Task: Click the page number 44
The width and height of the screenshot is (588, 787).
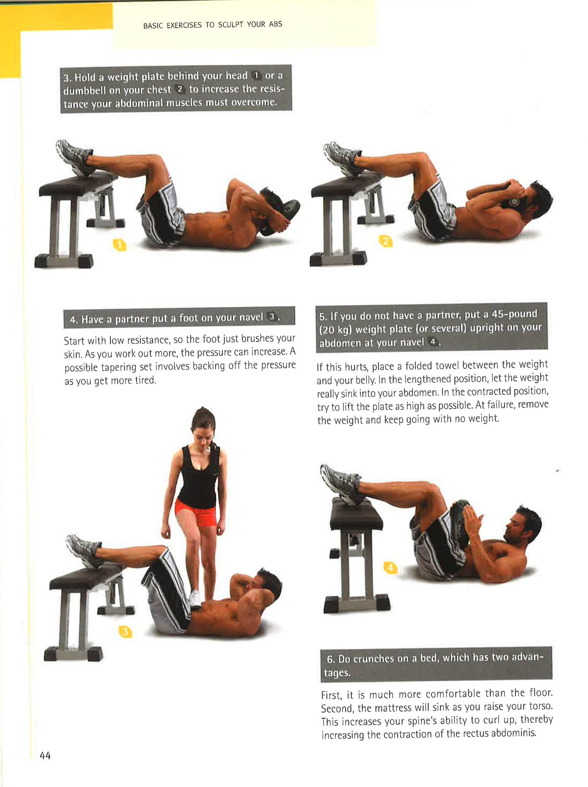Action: click(x=45, y=755)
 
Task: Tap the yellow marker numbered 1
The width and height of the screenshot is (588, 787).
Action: click(x=120, y=245)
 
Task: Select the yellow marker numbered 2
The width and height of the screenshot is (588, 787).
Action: click(x=386, y=241)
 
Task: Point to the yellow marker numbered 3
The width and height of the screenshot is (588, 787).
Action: click(x=125, y=631)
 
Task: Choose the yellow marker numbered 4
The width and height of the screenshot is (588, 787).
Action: click(x=390, y=568)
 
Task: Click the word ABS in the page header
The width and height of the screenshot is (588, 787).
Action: click(x=276, y=24)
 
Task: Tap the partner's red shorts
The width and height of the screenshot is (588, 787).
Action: click(x=196, y=513)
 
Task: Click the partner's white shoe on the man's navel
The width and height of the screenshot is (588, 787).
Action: click(x=195, y=599)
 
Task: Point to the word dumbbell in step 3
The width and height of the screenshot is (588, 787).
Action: click(x=85, y=90)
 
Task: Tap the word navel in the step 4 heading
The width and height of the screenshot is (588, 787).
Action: click(x=251, y=317)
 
